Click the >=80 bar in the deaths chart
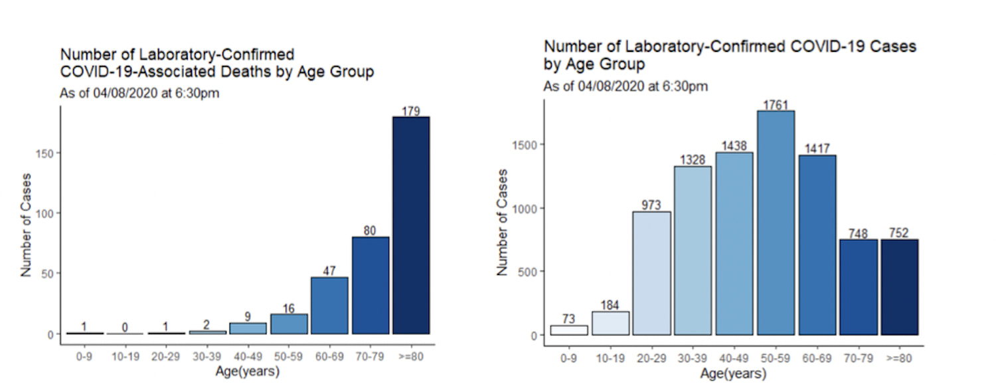pos(411,225)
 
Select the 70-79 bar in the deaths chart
pos(371,285)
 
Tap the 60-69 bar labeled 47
pos(329,305)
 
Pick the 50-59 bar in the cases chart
pos(776,223)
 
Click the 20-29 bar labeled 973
pos(651,273)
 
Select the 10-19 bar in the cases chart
pos(610,323)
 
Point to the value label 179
pos(411,111)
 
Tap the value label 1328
pos(693,160)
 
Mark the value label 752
pos(899,233)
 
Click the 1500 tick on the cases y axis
pos(522,145)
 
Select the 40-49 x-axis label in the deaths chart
pos(247,356)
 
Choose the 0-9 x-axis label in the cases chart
pos(568,359)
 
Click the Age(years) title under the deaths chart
pos(247,371)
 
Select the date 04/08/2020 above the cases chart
pos(621,86)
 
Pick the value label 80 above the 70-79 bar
pos(371,231)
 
